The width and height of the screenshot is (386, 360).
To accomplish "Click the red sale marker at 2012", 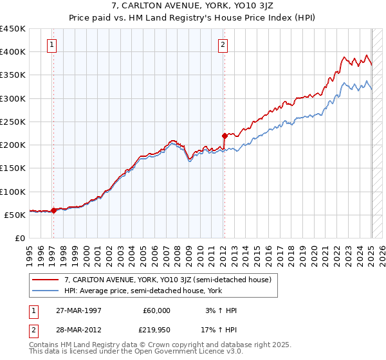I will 225,136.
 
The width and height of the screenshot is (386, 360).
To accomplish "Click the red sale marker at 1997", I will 53,210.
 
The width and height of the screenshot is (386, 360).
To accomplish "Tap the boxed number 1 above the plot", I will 51,45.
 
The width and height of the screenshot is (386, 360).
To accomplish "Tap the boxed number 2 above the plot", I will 222,45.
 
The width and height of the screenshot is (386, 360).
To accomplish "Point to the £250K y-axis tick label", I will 12,122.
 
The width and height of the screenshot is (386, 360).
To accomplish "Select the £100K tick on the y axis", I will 12,192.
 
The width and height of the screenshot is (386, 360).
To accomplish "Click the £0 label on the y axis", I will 19,238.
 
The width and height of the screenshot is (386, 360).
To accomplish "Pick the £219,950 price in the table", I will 156,330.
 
